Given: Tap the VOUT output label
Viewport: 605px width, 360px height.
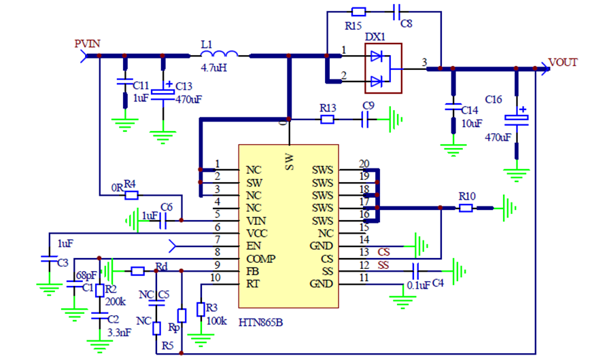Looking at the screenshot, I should pos(564,62).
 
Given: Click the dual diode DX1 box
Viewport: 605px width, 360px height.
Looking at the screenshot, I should pos(383,68).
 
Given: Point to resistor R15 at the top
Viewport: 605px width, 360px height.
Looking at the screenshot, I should pos(359,12).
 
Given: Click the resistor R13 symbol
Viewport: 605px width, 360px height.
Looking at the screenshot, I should pos(328,120).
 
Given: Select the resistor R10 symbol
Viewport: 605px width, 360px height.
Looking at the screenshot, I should pos(466,208).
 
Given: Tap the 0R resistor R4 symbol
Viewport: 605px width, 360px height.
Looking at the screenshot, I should pos(132,195).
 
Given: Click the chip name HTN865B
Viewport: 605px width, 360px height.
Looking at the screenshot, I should pos(260,321).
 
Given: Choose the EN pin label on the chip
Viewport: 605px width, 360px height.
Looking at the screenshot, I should pos(253,245).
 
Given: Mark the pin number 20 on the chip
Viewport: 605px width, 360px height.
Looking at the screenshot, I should pos(364,164).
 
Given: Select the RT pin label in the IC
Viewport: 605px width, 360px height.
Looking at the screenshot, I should pos(253,283).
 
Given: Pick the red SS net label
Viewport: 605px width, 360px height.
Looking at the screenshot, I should pos(383,265).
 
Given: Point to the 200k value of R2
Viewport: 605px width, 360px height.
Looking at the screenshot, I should pos(115,301).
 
